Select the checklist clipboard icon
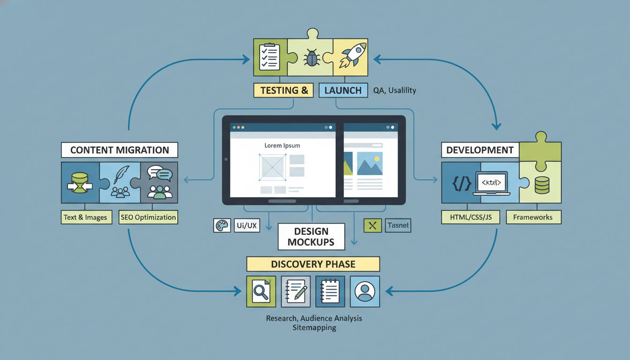(x=270, y=57)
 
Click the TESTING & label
(x=283, y=90)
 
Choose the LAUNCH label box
(x=343, y=90)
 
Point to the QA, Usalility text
(x=395, y=90)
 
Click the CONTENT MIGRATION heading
(x=120, y=150)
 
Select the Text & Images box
(x=86, y=217)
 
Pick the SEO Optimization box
(x=148, y=217)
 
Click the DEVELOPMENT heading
(x=480, y=150)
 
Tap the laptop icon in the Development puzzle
(x=491, y=182)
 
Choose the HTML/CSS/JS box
(x=470, y=217)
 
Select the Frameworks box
(x=533, y=217)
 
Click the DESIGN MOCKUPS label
(x=311, y=236)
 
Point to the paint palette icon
(x=220, y=225)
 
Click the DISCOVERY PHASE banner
(x=313, y=264)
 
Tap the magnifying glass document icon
(x=260, y=292)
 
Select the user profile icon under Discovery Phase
(x=365, y=292)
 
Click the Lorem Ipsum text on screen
(x=282, y=145)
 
